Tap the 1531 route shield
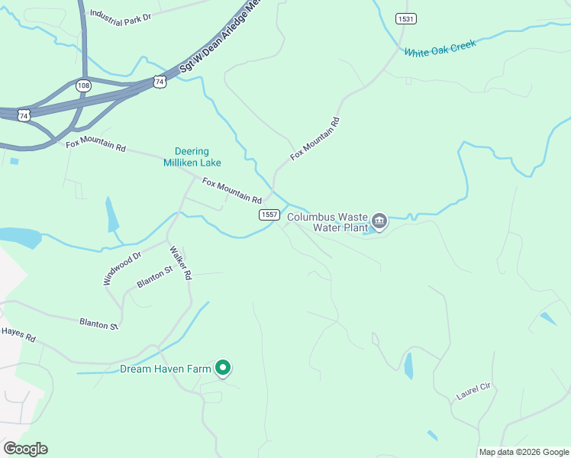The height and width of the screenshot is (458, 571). pos(405,18)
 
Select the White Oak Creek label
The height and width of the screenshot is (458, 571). pos(440,49)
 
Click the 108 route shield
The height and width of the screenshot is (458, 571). pos(83,85)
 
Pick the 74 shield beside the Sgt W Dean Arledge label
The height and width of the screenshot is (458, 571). pos(159,81)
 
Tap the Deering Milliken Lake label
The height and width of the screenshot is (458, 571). pos(192,156)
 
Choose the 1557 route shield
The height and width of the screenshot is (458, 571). pos(268,215)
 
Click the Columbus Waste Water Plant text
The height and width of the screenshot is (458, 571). pos(327,221)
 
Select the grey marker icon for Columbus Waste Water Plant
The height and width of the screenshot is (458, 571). pos(379,222)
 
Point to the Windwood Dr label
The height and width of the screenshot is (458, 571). pos(122,269)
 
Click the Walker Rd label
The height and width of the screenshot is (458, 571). pos(180,263)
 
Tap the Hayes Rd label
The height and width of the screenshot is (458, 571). pos(18,334)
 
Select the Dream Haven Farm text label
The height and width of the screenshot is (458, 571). pos(165,369)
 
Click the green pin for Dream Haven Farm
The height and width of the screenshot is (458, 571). pos(223,369)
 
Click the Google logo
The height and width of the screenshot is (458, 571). pos(25,449)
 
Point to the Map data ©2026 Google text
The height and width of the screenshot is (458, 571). pos(524,452)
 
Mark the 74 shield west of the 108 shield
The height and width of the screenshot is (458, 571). pos(24,115)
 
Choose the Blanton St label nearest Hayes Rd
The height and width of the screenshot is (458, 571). pos(98,324)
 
